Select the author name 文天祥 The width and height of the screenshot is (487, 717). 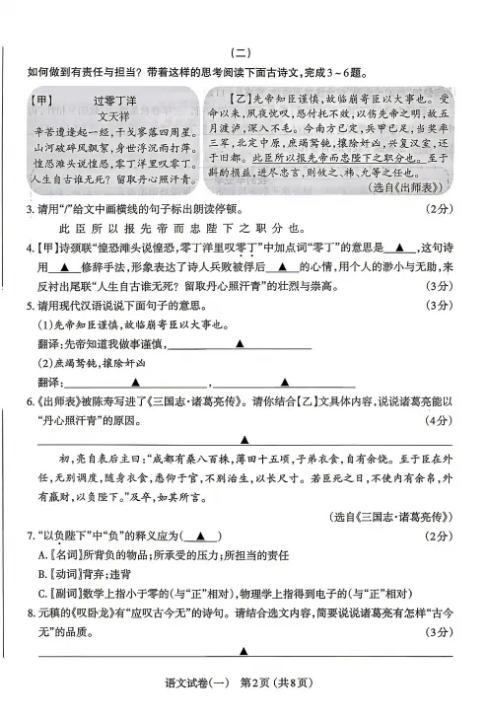(111, 115)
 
